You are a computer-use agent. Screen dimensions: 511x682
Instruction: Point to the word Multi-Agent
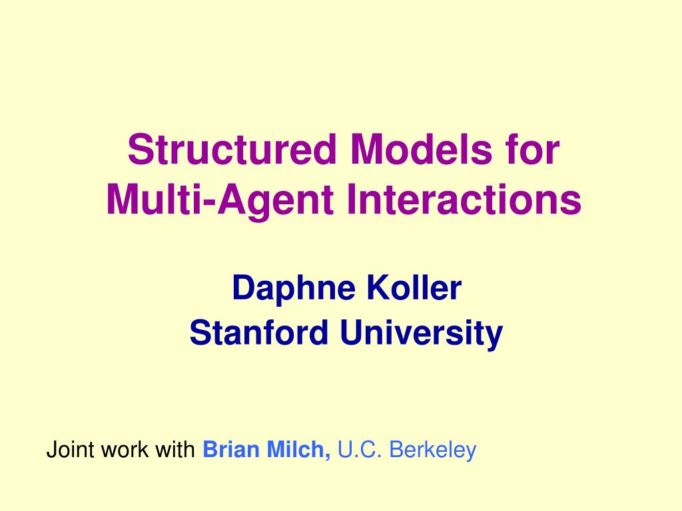click(x=220, y=199)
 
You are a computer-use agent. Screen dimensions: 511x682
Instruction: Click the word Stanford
click(x=259, y=332)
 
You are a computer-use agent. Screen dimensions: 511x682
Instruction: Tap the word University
click(x=422, y=332)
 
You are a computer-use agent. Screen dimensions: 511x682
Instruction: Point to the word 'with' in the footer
click(x=175, y=450)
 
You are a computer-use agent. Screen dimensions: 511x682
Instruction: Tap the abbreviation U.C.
click(x=360, y=450)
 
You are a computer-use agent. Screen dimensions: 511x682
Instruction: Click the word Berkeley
click(x=433, y=450)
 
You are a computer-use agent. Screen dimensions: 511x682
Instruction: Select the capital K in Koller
click(x=375, y=288)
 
